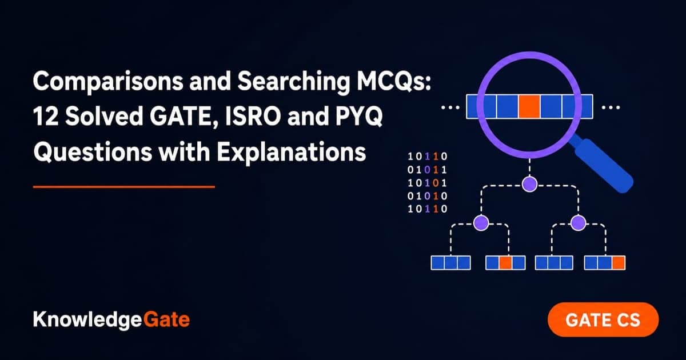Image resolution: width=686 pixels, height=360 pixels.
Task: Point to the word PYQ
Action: [x=359, y=117]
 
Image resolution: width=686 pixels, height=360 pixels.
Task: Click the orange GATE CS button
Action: [x=603, y=320]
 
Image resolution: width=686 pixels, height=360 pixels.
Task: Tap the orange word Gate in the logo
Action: [x=166, y=319]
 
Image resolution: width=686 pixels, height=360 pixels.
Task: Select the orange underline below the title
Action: [x=124, y=187]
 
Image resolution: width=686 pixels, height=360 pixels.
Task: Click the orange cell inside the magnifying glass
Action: [x=529, y=107]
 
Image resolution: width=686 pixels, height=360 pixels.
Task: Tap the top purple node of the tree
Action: [x=529, y=184]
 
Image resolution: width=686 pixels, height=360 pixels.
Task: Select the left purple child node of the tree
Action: [x=481, y=222]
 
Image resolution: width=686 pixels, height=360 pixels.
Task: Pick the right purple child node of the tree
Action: [x=578, y=222]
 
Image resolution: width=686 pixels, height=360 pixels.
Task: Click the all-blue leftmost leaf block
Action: [x=451, y=263]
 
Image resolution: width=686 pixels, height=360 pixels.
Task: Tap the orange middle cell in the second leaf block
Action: [x=505, y=263]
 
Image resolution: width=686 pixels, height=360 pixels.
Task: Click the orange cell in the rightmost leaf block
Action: [x=619, y=263]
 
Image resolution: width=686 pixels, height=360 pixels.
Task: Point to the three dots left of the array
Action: [x=450, y=107]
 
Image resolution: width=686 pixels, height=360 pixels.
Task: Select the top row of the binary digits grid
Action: [x=428, y=157]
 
